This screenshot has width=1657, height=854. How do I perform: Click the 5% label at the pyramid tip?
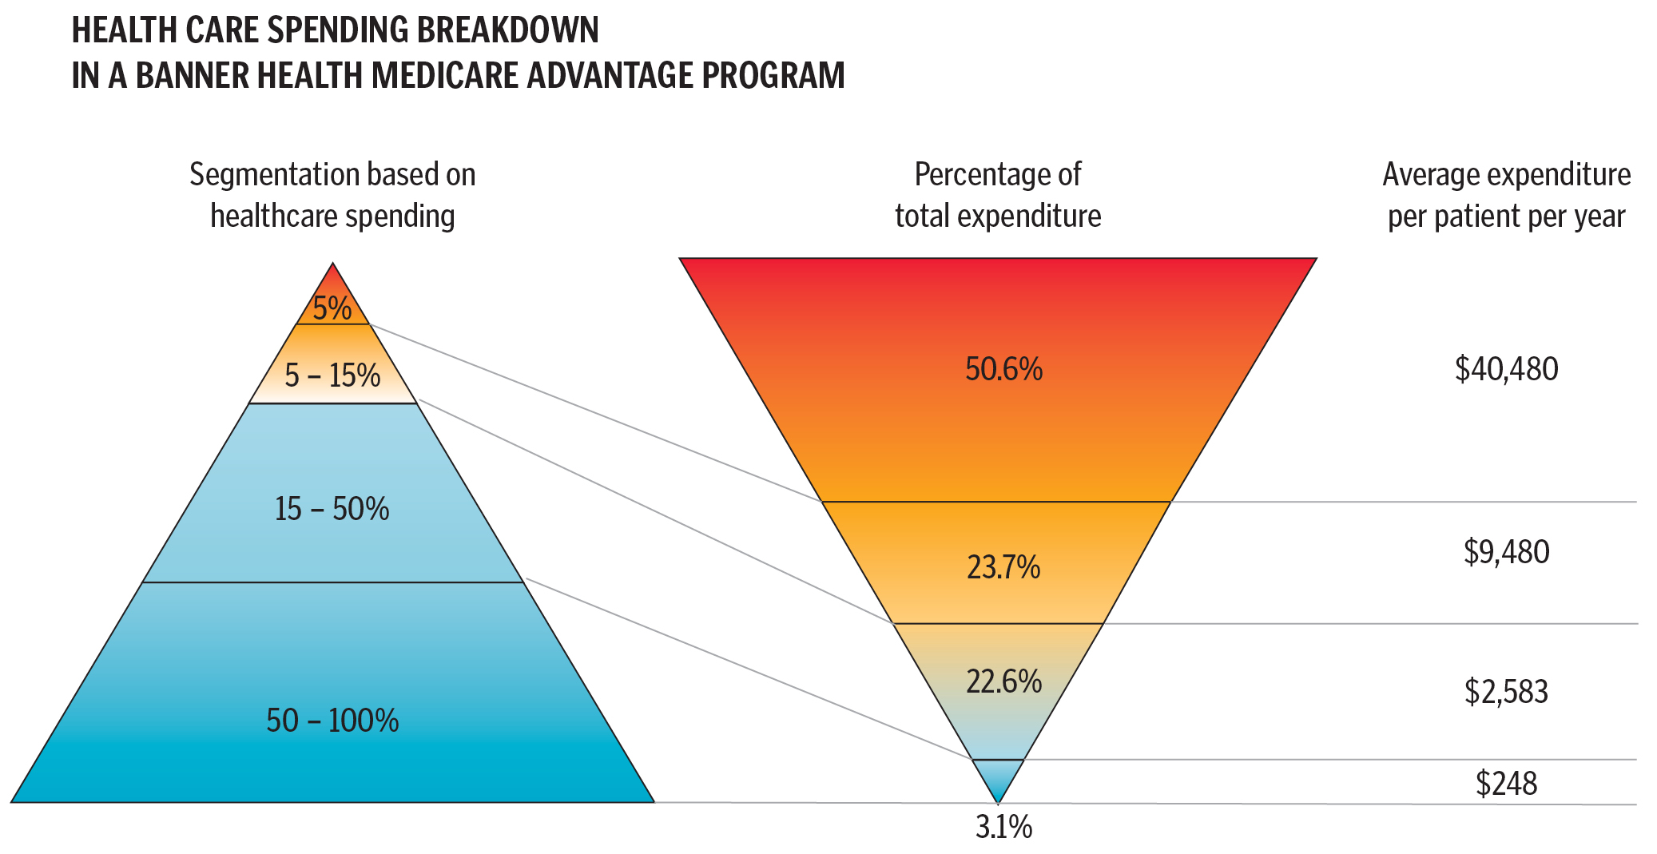tap(332, 308)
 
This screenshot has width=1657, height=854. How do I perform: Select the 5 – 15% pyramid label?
tap(332, 375)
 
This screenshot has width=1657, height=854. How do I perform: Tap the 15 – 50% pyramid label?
tap(332, 509)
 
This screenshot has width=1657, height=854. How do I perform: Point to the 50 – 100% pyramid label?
tap(332, 721)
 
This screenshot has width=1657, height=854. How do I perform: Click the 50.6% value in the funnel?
tap(1003, 369)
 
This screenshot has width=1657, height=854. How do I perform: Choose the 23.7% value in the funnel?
tap(1003, 567)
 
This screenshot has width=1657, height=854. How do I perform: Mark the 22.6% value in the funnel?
tap(1003, 681)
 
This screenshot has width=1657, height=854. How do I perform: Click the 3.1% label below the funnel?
tap(1003, 828)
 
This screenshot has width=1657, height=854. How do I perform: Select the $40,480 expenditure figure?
tap(1506, 369)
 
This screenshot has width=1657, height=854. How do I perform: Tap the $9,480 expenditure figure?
tap(1506, 552)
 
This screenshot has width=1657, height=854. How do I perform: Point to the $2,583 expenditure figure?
tap(1506, 691)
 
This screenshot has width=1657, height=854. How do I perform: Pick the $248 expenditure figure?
tap(1506, 784)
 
